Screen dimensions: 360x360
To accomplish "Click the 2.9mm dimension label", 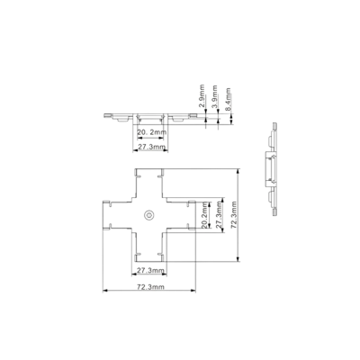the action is pos(202,96).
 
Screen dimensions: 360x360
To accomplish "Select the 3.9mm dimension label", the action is pos(214,97).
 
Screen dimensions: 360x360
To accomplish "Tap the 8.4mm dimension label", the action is pos(228,100).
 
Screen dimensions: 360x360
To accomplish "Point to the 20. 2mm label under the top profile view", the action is pos(151,132).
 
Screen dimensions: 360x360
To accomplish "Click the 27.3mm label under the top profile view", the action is pos(151,147).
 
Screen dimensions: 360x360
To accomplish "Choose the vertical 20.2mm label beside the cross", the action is pos(204,215).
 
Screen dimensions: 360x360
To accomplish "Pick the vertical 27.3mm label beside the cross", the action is pos(219,214).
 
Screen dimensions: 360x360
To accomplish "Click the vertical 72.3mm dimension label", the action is pos(233,215).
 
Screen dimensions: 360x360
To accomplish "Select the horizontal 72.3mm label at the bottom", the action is pos(150,287).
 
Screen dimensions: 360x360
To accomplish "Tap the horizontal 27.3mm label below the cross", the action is pos(150,271).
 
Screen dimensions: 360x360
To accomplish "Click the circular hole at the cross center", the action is pos(148,215).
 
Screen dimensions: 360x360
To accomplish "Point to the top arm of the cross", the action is pos(148,183).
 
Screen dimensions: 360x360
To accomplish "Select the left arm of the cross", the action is pos(117,215).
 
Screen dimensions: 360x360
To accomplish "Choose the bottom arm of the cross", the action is pos(148,247).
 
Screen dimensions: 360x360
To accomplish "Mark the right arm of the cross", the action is pos(181,215).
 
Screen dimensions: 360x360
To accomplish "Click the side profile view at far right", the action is pos(273,169).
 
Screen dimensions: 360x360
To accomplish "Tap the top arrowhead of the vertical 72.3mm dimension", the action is pos(238,171).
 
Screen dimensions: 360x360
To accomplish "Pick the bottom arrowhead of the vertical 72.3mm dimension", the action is pos(238,258).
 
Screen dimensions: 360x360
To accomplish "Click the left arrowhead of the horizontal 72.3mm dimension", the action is pos(105,291).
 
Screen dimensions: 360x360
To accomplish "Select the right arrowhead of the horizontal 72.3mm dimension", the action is pos(193,291).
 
